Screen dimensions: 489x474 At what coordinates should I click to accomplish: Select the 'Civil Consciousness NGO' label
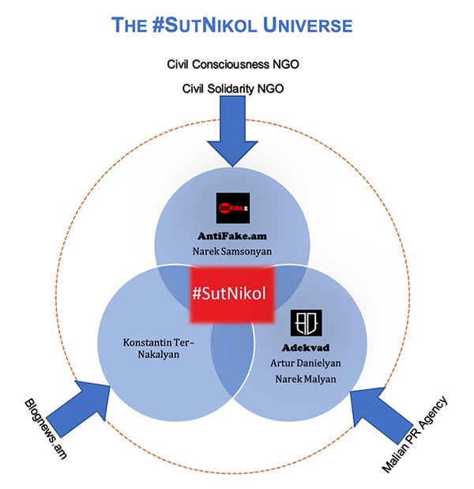pyautogui.click(x=234, y=63)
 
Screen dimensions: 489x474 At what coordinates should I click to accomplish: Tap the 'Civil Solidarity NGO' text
pyautogui.click(x=234, y=88)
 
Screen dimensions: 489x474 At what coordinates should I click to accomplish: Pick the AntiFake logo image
pyautogui.click(x=233, y=209)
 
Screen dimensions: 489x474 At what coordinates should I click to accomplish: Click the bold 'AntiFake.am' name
pyautogui.click(x=234, y=237)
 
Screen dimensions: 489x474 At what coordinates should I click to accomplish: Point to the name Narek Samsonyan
pyautogui.click(x=234, y=252)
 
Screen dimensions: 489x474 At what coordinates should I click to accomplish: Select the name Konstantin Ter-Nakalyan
pyautogui.click(x=158, y=348)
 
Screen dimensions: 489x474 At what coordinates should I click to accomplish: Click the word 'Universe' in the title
pyautogui.click(x=308, y=25)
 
